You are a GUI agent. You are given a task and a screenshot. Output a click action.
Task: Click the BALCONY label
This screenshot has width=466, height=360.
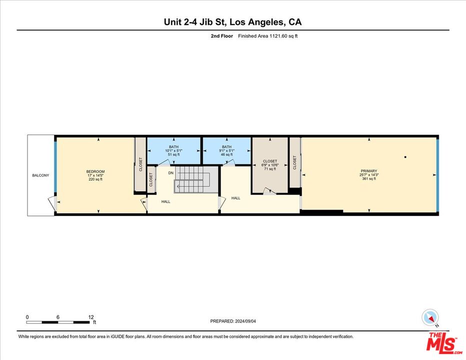point(40,175)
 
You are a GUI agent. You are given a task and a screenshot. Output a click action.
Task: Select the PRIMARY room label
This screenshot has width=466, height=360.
point(369,171)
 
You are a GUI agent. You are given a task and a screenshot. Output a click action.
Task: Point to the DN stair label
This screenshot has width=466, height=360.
point(171,173)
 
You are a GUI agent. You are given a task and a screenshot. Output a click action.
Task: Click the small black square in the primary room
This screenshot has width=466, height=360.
point(405,157)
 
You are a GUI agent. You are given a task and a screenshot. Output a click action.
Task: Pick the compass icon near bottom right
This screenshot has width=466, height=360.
point(430,317)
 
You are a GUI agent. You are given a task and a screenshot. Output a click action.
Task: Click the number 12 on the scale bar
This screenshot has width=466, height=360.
point(90,317)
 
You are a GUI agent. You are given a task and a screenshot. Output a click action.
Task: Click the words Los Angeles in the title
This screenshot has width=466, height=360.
point(257,22)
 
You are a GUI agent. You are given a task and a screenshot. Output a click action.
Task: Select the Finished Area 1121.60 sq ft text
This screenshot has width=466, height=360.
point(267,36)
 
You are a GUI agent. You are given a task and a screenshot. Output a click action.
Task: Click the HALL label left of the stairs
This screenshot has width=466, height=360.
point(165,201)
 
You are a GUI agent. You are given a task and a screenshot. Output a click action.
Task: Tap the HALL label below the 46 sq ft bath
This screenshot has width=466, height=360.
point(235,198)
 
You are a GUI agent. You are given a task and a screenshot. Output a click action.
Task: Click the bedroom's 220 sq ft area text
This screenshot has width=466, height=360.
point(95,179)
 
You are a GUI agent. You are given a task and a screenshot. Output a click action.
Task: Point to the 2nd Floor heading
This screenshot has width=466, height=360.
point(222,36)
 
